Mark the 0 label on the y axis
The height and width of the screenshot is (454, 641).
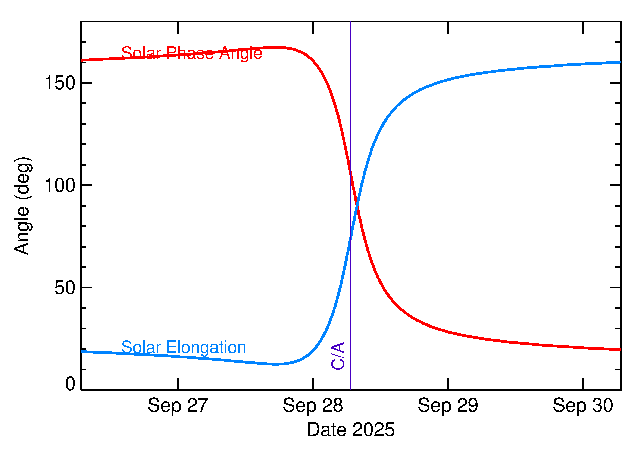(x=70, y=384)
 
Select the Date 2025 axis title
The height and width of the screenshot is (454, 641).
(x=351, y=430)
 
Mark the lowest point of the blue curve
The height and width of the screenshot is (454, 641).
(x=276, y=364)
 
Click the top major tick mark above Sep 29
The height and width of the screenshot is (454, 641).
(x=448, y=27)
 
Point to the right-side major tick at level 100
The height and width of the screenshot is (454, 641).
(x=615, y=185)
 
